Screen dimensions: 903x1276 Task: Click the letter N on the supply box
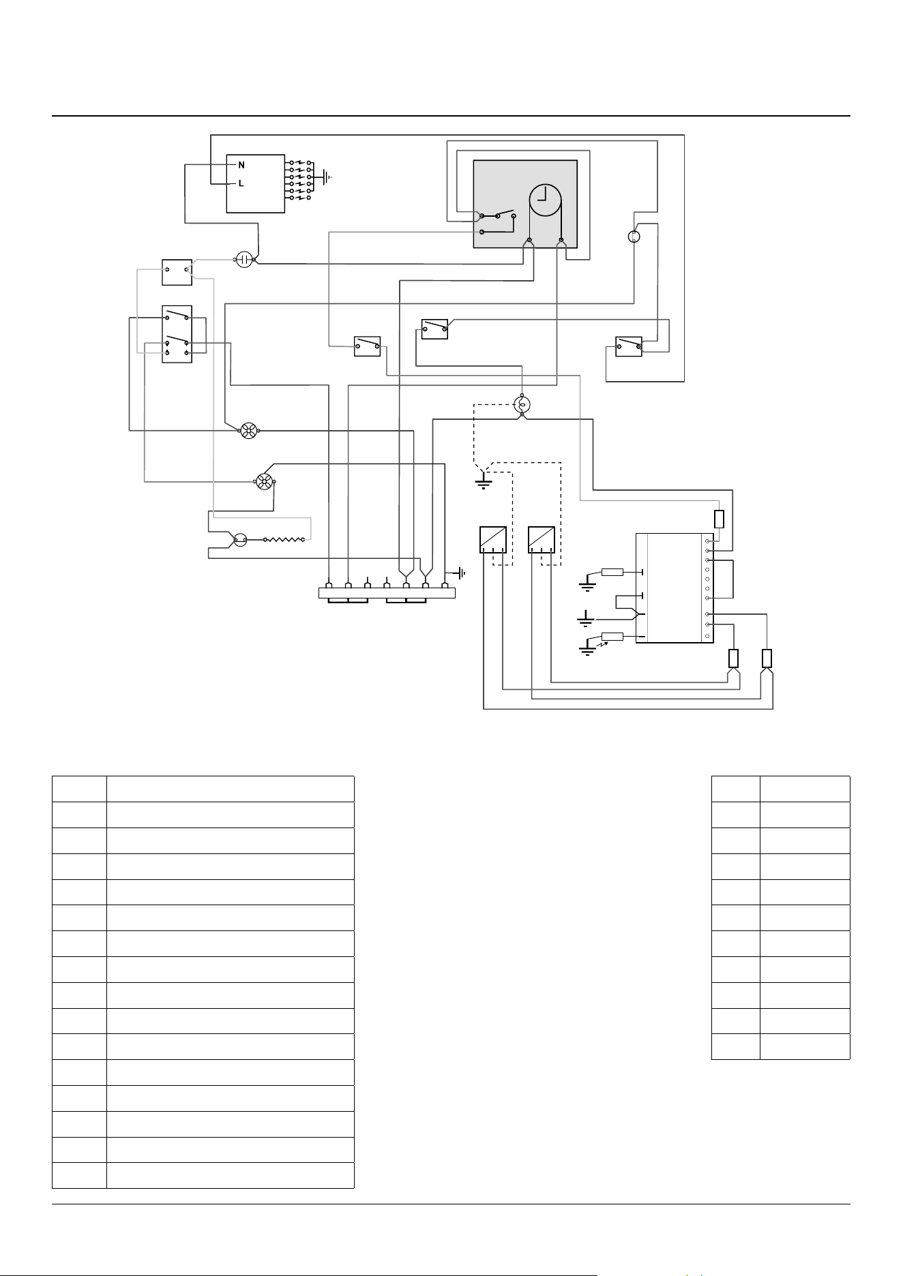pos(241,165)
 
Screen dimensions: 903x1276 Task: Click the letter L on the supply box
pos(241,184)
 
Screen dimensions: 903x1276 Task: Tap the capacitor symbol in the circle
pos(244,259)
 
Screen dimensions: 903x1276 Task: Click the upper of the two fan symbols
pos(248,430)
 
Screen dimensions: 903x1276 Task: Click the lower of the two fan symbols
pos(264,482)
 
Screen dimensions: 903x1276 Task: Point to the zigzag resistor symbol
pos(284,540)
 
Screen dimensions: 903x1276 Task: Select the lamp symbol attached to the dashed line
pos(522,404)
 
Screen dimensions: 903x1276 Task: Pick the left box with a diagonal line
pos(492,539)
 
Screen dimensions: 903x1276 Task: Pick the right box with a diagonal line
pos(542,539)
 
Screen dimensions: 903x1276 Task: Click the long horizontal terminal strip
pos(387,593)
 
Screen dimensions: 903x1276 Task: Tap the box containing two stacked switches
pos(177,334)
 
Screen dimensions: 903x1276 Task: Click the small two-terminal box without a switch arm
pos(177,272)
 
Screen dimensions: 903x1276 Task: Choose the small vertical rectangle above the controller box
pos(719,519)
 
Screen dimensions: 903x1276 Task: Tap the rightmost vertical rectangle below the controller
pos(767,658)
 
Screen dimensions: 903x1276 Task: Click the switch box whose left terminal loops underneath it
pos(629,347)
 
